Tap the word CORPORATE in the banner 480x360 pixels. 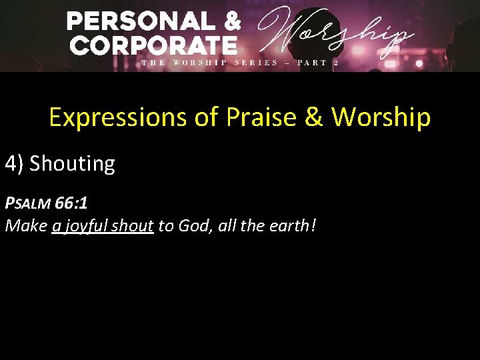tap(153, 45)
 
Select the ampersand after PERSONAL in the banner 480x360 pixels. tap(231, 22)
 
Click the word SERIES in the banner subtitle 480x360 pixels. tap(257, 63)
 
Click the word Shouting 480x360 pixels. tap(73, 163)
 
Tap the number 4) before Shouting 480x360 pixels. tap(15, 163)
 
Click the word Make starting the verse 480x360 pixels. tap(26, 226)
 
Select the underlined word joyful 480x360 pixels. tap(86, 227)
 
